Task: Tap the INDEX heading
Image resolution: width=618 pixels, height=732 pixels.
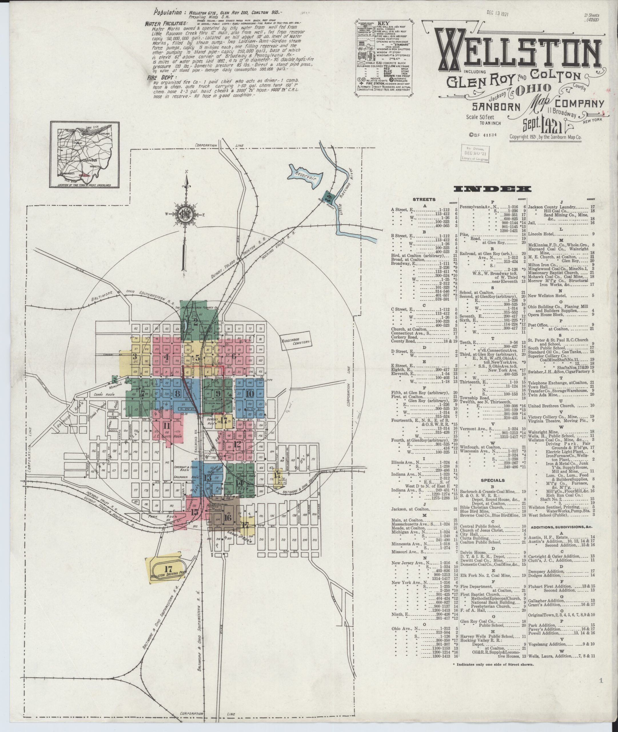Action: pos(492,189)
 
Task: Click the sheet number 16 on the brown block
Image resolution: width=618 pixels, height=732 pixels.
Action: pos(227,518)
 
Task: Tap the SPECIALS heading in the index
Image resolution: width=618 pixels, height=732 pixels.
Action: pos(493,480)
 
